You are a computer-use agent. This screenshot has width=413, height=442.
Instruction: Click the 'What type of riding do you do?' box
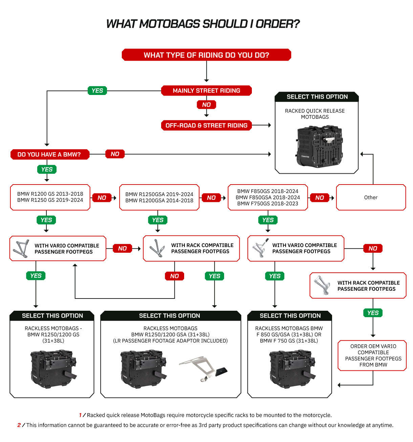tap(206, 55)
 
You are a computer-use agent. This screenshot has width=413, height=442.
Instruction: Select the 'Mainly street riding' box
tap(206, 91)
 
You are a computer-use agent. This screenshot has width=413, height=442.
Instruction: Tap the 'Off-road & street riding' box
tap(206, 125)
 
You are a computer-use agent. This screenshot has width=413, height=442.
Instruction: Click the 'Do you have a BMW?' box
tap(50, 154)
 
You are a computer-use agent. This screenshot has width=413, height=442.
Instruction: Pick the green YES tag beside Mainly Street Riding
tap(97, 91)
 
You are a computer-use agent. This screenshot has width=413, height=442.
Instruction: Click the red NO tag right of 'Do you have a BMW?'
tap(115, 154)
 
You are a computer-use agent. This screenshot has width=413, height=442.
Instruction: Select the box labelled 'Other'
tap(371, 197)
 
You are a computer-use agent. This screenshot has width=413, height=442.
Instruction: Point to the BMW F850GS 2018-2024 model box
tap(268, 197)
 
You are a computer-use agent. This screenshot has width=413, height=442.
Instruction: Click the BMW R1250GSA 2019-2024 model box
tap(159, 197)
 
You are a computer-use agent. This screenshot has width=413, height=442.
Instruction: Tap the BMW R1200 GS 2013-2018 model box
tap(50, 197)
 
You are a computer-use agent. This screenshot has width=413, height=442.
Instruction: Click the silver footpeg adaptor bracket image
tap(203, 369)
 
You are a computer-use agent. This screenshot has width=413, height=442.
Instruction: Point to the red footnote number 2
tap(19, 425)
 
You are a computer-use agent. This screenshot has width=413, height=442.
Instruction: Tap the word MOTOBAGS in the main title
tap(170, 24)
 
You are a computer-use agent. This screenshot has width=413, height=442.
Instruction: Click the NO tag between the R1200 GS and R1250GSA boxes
tap(102, 198)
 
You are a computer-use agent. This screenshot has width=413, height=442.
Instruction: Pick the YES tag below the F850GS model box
tap(268, 220)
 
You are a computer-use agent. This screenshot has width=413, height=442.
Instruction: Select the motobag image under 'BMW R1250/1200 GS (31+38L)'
tap(53, 369)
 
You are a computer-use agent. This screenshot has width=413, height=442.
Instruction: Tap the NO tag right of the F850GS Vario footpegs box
tap(373, 248)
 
